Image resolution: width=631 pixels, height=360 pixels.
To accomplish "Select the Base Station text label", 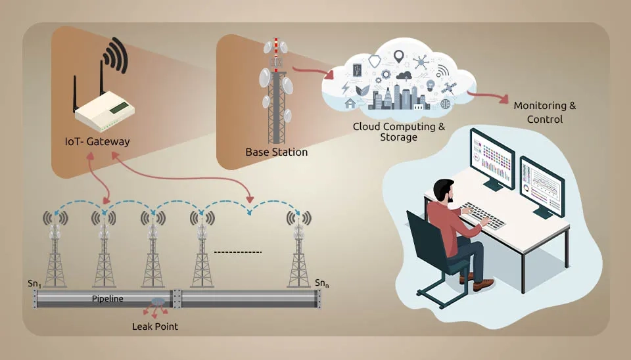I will pyautogui.click(x=276, y=152).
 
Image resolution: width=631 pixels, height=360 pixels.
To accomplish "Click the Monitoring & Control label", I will pyautogui.click(x=545, y=112).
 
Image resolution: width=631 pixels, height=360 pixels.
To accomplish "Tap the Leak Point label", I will pyautogui.click(x=155, y=326).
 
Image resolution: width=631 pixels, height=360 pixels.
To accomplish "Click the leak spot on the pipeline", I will pyautogui.click(x=158, y=302).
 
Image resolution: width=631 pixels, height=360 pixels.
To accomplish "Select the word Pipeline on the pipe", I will pyautogui.click(x=108, y=299).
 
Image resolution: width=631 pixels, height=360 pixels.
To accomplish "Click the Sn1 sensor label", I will pyautogui.click(x=34, y=283).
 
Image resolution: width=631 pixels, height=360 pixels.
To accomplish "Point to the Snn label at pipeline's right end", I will pyautogui.click(x=321, y=283).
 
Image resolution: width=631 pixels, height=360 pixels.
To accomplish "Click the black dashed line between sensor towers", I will pyautogui.click(x=238, y=252).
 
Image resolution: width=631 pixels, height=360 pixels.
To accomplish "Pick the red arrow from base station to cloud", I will pyautogui.click(x=310, y=71).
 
